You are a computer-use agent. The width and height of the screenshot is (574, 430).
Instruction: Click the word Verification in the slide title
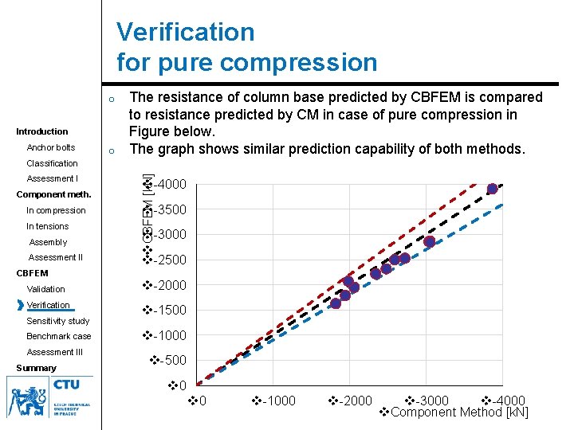[x=186, y=33]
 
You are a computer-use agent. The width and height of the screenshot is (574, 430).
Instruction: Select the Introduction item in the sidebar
[x=42, y=131]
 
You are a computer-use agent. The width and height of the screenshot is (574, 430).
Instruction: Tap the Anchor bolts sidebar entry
[x=51, y=147]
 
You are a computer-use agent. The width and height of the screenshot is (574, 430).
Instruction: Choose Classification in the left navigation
[x=52, y=163]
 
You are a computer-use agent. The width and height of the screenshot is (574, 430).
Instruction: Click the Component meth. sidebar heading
[x=53, y=194]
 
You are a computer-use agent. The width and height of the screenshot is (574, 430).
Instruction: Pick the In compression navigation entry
[x=56, y=210]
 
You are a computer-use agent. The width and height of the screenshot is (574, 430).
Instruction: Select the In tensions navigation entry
[x=48, y=226]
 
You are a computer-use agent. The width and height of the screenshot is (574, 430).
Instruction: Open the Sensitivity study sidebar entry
[x=58, y=321]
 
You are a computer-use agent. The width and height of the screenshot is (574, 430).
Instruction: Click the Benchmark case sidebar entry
[x=59, y=336]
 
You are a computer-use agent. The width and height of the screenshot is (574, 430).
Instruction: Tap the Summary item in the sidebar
[x=36, y=368]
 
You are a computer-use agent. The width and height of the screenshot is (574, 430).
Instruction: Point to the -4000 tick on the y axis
[x=170, y=185]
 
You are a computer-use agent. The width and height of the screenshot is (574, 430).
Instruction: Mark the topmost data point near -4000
[x=493, y=189]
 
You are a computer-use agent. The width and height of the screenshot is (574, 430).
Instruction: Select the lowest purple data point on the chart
[x=336, y=303]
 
